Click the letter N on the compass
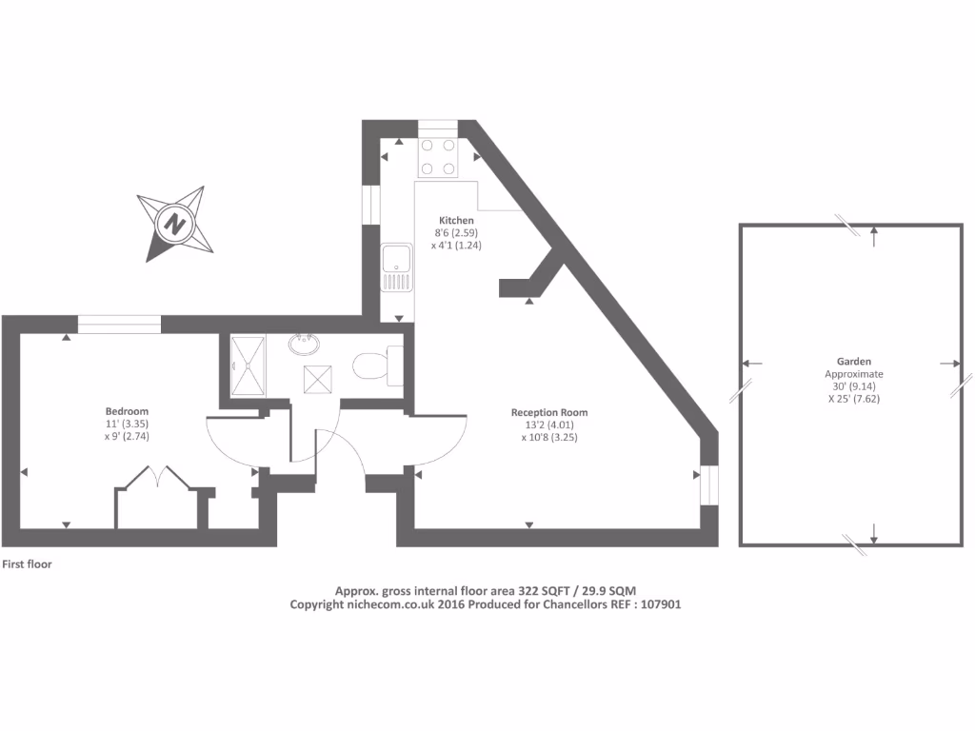tap(174, 224)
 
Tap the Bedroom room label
tap(127, 411)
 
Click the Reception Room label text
tap(549, 412)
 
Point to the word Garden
tap(854, 362)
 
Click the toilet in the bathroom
tap(373, 366)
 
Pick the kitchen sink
tap(395, 268)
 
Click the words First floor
tap(27, 564)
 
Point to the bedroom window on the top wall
tap(118, 325)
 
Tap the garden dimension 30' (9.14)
tap(854, 386)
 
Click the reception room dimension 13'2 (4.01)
tap(549, 425)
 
